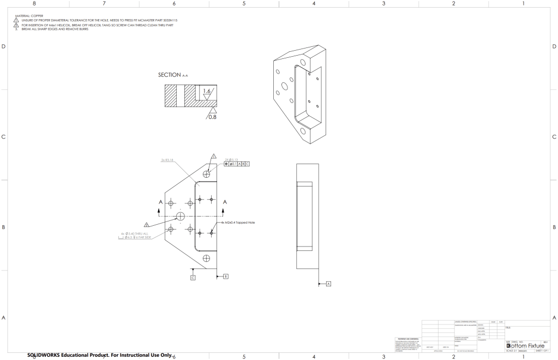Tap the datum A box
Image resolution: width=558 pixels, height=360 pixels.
[x=328, y=284]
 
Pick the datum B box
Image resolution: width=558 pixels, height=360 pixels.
[x=225, y=277]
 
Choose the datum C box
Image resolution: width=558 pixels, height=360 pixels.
[x=193, y=278]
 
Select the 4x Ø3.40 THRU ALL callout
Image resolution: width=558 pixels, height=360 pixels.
[x=133, y=234]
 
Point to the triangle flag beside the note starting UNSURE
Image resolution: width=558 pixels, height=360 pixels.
[x=16, y=21]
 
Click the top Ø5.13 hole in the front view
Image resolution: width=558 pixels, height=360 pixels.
[x=206, y=174]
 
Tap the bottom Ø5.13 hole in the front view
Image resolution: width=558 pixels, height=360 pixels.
[x=206, y=258]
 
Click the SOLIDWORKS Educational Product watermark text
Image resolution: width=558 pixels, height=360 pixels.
[x=99, y=355]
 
